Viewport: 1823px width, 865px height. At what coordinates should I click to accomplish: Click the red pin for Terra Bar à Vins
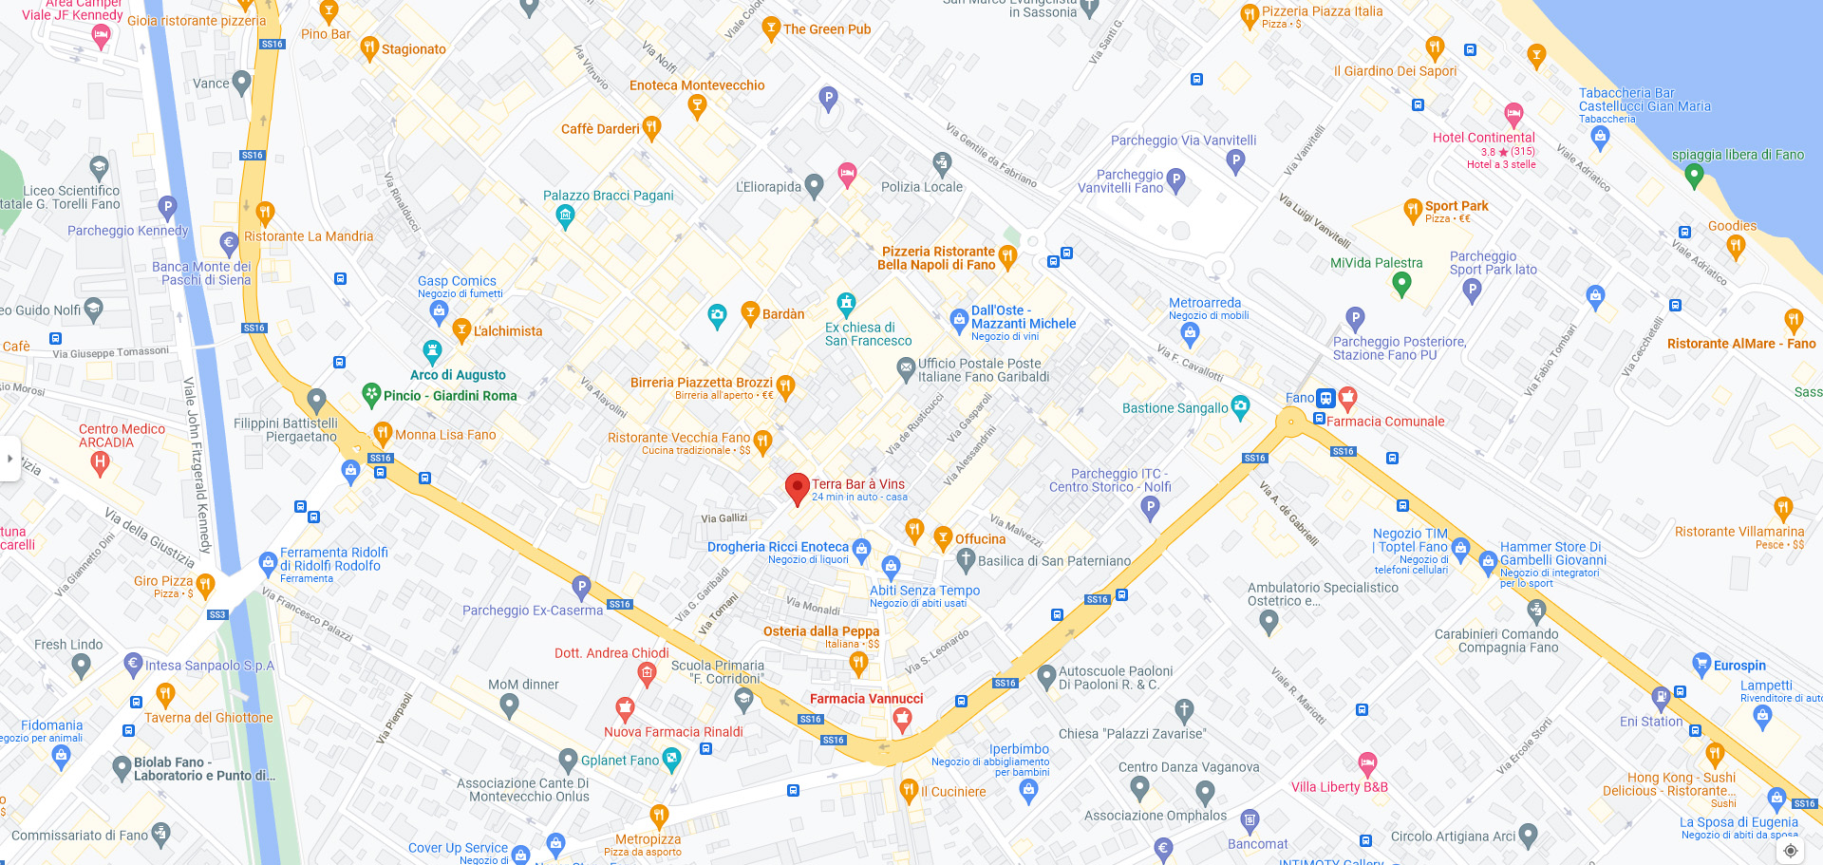coord(797,488)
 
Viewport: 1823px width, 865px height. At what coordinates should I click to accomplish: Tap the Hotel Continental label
coord(1483,138)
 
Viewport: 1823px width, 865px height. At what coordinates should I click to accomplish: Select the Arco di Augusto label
coord(458,375)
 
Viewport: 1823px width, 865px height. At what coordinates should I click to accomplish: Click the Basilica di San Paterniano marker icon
coord(966,559)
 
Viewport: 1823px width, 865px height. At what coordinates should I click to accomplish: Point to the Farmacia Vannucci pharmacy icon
coord(902,720)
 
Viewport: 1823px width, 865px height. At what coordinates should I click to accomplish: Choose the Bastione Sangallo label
coord(1175,408)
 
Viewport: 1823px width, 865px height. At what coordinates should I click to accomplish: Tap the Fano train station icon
coord(1325,398)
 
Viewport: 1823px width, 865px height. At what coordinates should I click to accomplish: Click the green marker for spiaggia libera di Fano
coord(1693,175)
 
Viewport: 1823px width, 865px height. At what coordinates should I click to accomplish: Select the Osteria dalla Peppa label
coord(821,631)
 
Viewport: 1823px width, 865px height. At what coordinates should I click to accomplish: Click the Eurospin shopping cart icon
coord(1701,665)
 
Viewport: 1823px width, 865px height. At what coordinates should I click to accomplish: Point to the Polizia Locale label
coord(921,187)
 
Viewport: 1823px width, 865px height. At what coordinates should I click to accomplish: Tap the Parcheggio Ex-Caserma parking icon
coord(582,586)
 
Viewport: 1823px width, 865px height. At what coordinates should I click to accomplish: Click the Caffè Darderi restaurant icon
coord(651,127)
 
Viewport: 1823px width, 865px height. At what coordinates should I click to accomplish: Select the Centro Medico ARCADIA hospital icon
coord(100,463)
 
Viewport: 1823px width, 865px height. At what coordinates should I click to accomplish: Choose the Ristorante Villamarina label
coord(1738,532)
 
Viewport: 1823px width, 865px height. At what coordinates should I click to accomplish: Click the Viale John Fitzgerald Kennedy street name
coord(197,465)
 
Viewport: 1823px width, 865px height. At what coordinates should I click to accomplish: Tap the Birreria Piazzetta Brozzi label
coord(701,383)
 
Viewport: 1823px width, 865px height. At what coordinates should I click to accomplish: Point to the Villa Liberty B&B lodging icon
coord(1367,762)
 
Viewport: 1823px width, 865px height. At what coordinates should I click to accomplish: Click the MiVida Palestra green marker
coord(1400,283)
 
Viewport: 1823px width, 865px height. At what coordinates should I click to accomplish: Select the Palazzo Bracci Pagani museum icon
coord(565,216)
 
